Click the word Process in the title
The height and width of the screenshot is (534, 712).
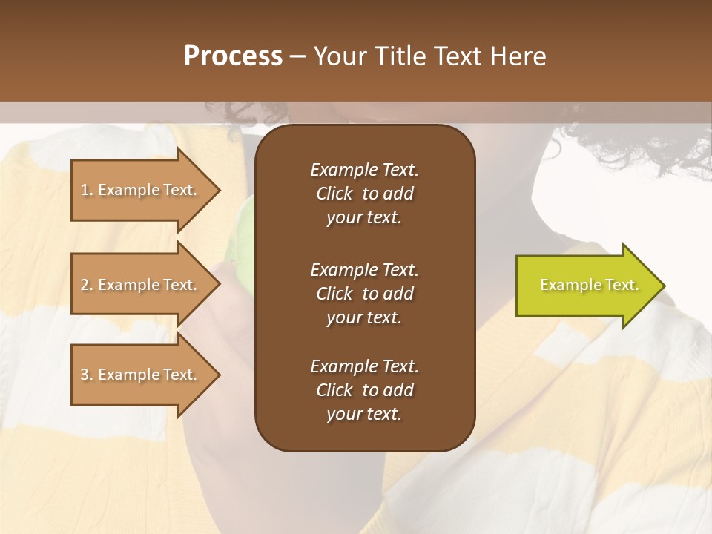(x=233, y=56)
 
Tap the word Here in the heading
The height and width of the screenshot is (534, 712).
(x=519, y=56)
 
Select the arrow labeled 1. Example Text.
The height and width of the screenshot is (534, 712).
(x=141, y=190)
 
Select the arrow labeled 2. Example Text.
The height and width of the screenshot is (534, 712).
(x=141, y=285)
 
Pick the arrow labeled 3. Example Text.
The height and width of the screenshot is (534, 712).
(x=141, y=375)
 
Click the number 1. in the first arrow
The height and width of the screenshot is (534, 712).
(x=87, y=190)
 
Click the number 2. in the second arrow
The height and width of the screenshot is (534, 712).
(x=87, y=285)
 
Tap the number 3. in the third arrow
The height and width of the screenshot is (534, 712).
(x=87, y=375)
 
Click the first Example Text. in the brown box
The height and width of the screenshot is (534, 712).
(x=364, y=170)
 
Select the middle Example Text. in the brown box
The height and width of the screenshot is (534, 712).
(x=364, y=270)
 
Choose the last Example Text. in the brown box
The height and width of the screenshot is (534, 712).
(x=364, y=366)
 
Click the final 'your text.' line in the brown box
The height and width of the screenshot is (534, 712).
(x=364, y=415)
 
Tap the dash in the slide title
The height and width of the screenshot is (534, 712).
(x=297, y=57)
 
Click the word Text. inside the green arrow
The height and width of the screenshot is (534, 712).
(x=621, y=286)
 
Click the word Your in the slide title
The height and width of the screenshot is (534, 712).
(x=340, y=56)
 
